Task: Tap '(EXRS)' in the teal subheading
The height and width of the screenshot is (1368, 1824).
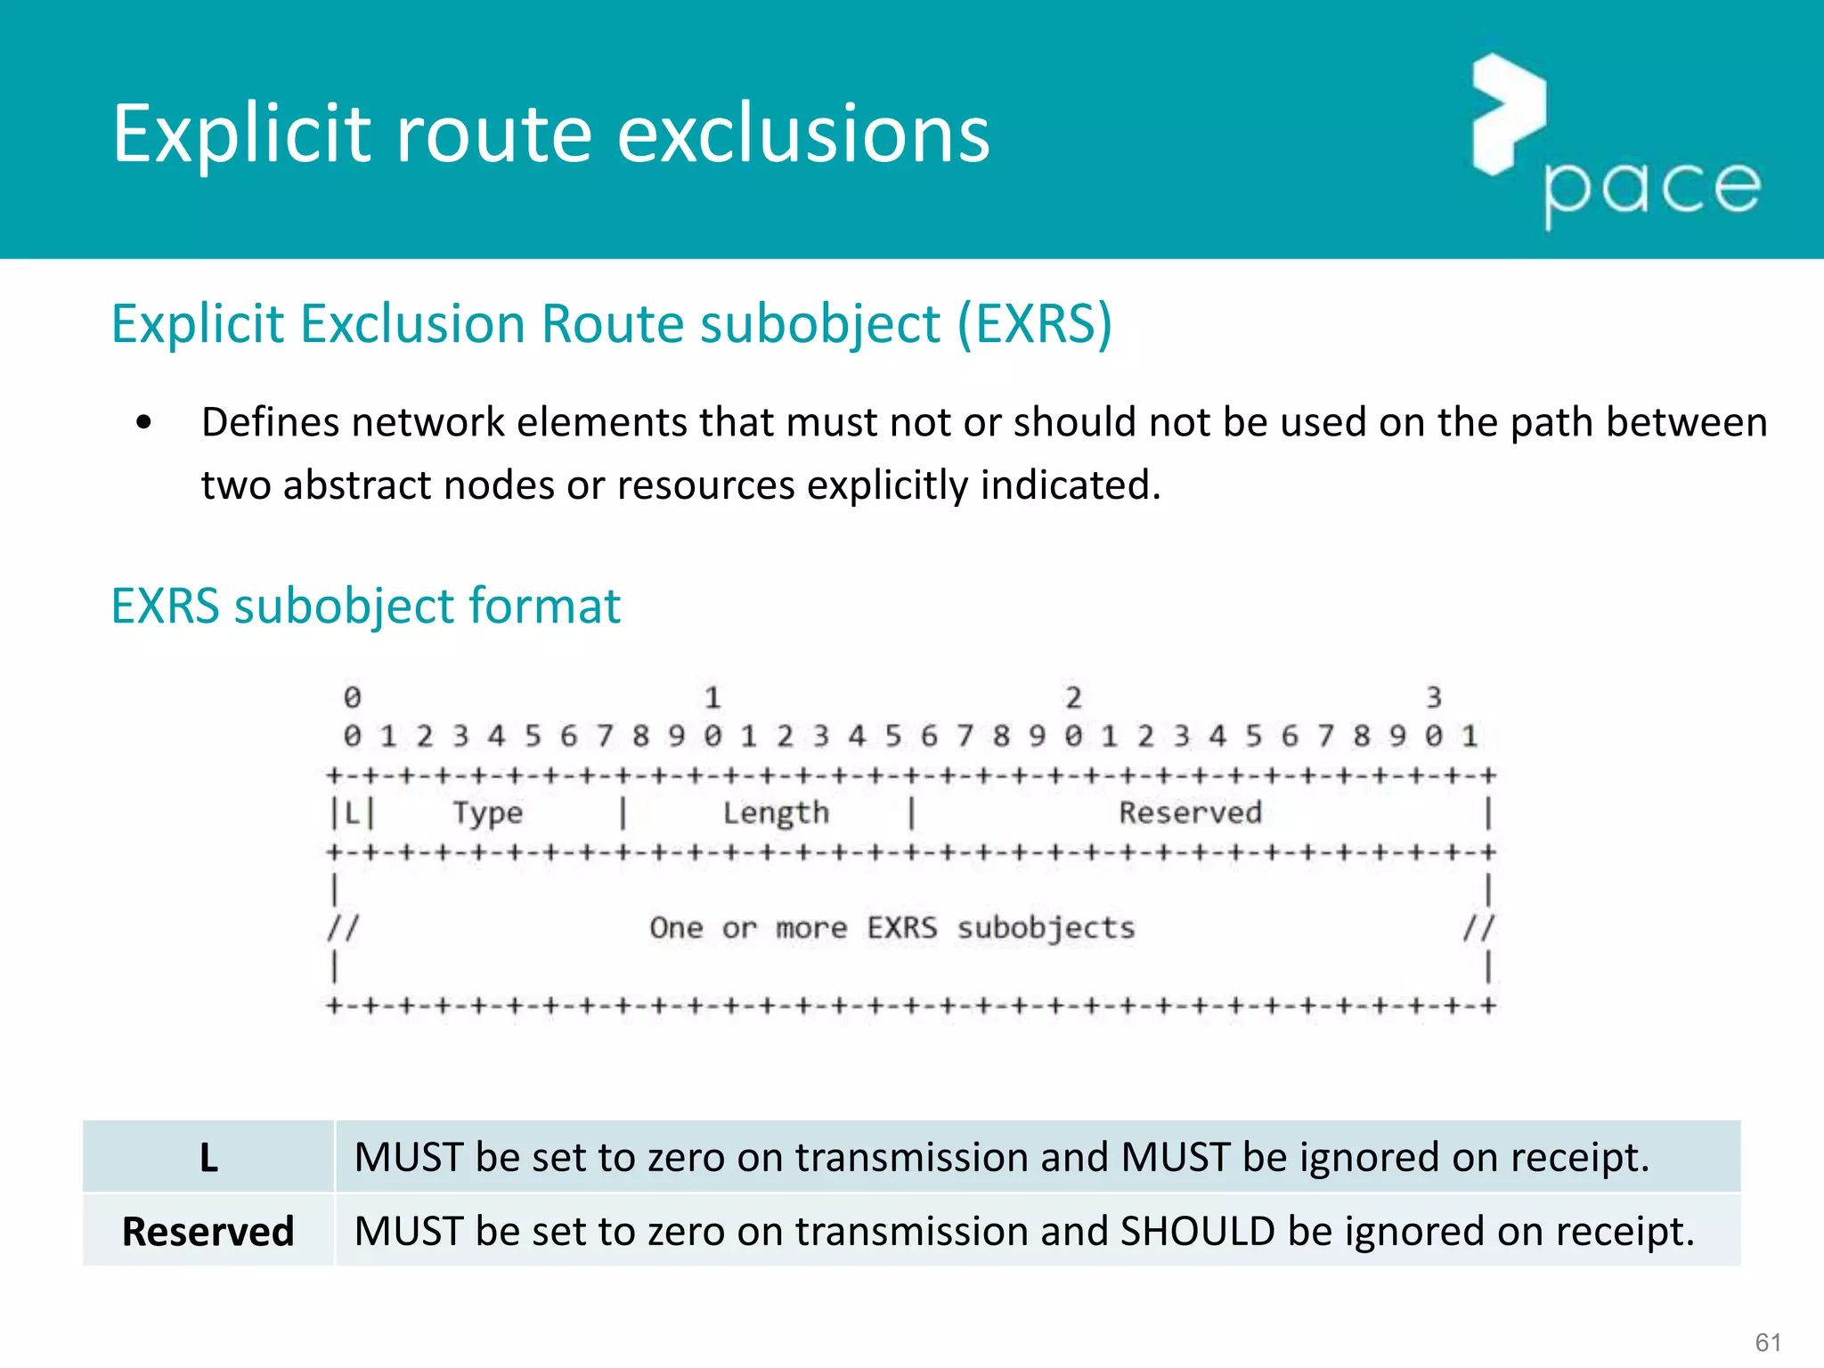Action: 1034,323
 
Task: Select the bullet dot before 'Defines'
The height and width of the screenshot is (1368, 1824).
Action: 144,422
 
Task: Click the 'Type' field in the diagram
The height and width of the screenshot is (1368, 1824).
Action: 487,813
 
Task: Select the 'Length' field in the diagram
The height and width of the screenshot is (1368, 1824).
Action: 776,813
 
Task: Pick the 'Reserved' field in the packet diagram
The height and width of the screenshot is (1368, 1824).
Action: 1190,813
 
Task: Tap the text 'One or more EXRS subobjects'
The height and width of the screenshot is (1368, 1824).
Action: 892,928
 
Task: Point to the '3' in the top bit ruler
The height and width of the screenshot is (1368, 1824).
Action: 1433,697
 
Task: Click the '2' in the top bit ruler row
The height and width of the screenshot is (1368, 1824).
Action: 1073,697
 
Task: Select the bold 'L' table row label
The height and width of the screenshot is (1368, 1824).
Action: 208,1158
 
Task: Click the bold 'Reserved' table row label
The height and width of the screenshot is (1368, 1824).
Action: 208,1232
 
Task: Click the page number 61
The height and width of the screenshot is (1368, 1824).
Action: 1768,1342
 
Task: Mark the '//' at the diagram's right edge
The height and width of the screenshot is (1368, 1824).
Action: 1478,928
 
